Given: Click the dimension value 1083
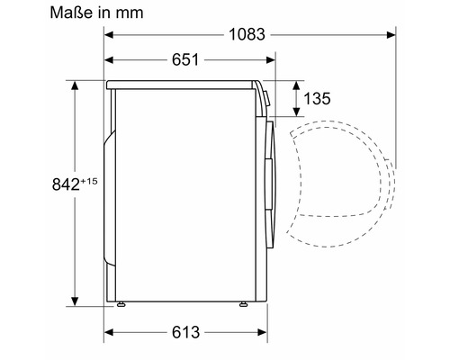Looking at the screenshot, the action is click(x=247, y=34).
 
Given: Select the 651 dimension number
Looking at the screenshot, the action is click(x=185, y=59).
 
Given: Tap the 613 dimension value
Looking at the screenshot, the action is click(x=185, y=332).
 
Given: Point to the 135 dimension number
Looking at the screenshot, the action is click(x=317, y=98).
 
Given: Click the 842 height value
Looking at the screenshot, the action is click(x=66, y=184).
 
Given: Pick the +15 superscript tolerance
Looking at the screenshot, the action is click(x=89, y=181).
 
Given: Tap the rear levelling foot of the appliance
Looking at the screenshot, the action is click(x=121, y=304).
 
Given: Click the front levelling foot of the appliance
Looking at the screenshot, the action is click(x=243, y=304).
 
